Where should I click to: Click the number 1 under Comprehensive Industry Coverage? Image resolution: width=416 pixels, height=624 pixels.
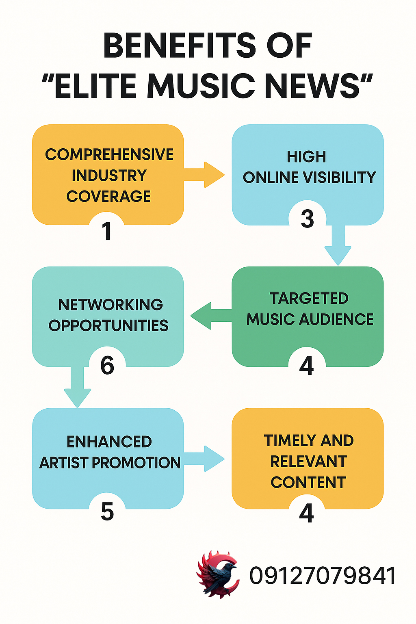107,231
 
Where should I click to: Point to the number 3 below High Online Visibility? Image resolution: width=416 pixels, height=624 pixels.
307,219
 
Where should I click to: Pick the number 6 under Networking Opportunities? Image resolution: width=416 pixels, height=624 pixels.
107,365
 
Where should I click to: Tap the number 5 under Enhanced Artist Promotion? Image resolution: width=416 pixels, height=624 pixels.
107,511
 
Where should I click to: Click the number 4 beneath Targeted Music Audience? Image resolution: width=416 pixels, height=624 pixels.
306,366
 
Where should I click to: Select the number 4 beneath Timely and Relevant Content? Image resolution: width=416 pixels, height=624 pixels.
306,513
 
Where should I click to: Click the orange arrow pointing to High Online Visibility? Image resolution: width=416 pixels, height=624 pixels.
205,175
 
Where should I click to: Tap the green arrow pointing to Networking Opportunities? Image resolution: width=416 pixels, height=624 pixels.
209,316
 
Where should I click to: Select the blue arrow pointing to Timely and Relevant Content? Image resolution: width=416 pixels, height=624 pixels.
205,459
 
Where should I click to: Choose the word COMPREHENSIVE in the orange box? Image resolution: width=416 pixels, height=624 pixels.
109,155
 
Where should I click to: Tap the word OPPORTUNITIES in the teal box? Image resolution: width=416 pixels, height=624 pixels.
108,326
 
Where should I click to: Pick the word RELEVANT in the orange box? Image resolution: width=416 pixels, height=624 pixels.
308,461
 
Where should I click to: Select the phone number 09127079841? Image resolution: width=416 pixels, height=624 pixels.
323,576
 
